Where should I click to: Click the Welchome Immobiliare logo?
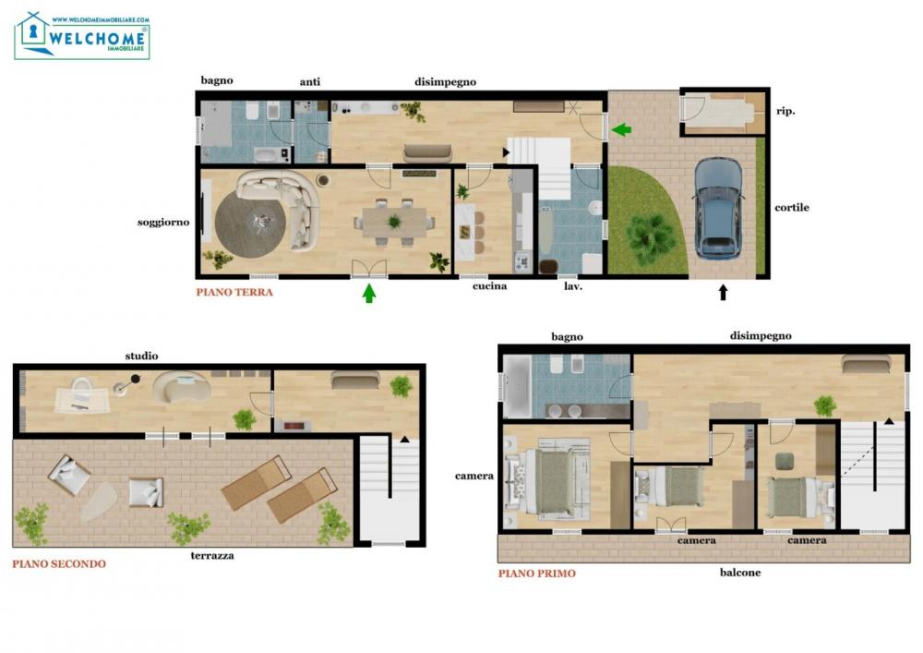point(82,36)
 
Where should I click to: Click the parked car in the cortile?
point(717,207)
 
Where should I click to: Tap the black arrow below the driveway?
point(723,293)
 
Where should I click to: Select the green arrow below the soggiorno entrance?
point(369,294)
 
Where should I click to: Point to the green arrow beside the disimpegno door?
point(621,129)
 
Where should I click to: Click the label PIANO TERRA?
point(234,292)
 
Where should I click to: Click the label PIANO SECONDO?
point(59,563)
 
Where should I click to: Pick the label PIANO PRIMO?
point(536,574)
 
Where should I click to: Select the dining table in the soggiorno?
point(395,222)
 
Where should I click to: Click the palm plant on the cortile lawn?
point(652,236)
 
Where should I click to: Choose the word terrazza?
point(212,556)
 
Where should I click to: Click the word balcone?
point(740,573)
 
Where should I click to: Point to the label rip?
point(786,111)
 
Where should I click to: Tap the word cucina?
point(489,286)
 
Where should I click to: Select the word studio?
point(141,356)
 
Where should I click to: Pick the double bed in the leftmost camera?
point(551,480)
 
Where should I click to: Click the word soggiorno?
point(163,222)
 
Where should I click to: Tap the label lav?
point(571,286)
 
